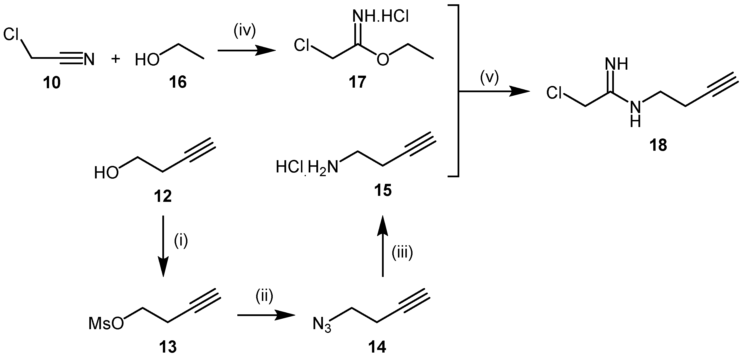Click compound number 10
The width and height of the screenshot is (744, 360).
pyautogui.click(x=52, y=83)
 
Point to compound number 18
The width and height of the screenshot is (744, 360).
pyautogui.click(x=658, y=145)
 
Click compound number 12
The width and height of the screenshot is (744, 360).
pyautogui.click(x=163, y=196)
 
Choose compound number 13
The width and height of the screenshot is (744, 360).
pyautogui.click(x=168, y=347)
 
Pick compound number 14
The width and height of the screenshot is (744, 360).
pyautogui.click(x=377, y=347)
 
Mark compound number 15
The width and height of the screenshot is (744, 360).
pyautogui.click(x=383, y=191)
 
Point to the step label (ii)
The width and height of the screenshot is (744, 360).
pyautogui.click(x=264, y=296)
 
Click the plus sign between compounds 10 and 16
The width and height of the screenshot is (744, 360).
pyautogui.click(x=116, y=59)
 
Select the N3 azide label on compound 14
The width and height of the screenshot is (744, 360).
pyautogui.click(x=322, y=325)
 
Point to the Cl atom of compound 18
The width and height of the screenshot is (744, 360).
pyautogui.click(x=554, y=93)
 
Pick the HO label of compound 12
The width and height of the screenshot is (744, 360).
pyautogui.click(x=107, y=173)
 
